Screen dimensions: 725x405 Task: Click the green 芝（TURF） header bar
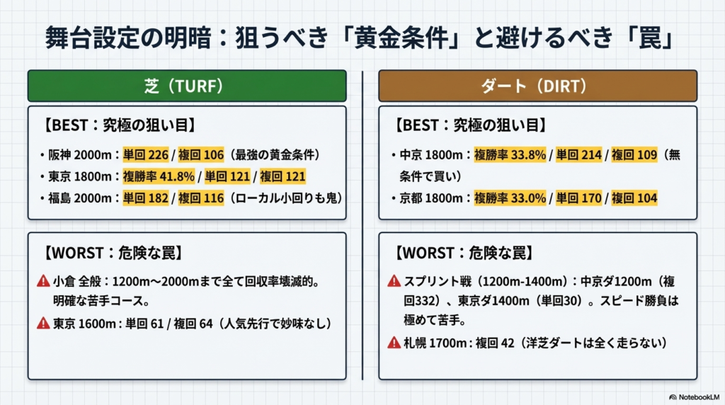click(187, 86)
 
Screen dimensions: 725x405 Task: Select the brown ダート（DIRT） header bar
click(538, 86)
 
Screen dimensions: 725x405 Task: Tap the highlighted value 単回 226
click(146, 154)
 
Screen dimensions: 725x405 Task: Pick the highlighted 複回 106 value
click(200, 154)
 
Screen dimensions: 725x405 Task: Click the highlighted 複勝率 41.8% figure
click(159, 176)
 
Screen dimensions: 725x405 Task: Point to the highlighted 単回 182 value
click(146, 198)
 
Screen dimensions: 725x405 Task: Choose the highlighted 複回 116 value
click(200, 198)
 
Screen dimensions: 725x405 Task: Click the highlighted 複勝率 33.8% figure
click(510, 154)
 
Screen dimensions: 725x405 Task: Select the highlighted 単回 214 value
click(579, 154)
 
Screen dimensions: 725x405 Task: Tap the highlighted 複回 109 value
click(634, 154)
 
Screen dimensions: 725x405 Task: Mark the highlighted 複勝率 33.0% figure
click(510, 198)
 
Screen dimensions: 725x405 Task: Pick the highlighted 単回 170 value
click(579, 198)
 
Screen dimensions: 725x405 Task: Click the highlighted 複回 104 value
click(634, 198)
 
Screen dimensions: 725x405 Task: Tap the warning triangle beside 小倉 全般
click(43, 281)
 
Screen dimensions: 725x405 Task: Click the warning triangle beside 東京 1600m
click(43, 323)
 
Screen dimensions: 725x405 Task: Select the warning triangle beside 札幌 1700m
click(394, 343)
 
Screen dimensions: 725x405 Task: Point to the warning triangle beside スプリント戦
click(394, 281)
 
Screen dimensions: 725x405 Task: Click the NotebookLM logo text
click(699, 397)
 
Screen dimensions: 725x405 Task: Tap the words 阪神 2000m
click(80, 154)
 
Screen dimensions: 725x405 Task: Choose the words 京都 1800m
click(431, 198)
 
